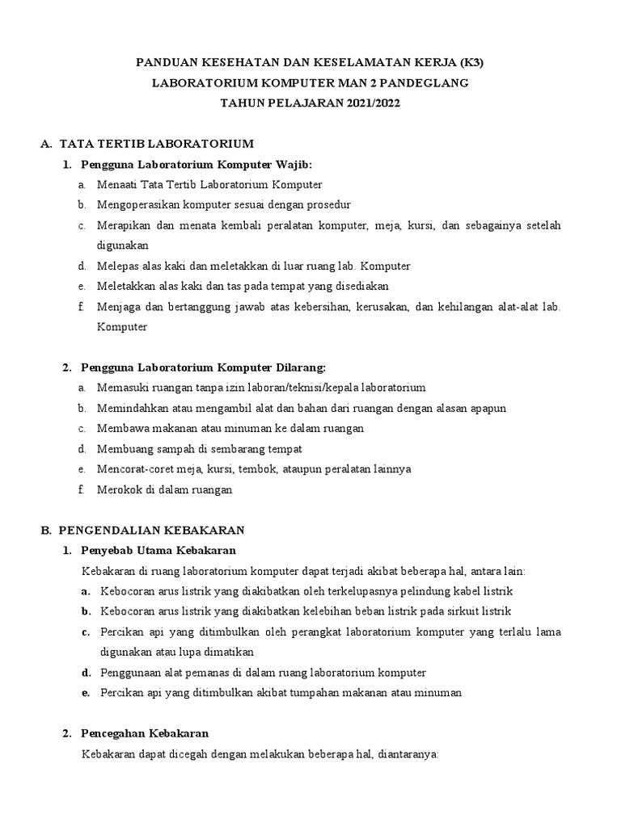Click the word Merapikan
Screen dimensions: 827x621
121,225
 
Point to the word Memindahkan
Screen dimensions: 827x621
130,408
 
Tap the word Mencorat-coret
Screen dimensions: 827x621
133,468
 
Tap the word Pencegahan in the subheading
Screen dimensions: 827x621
112,733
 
